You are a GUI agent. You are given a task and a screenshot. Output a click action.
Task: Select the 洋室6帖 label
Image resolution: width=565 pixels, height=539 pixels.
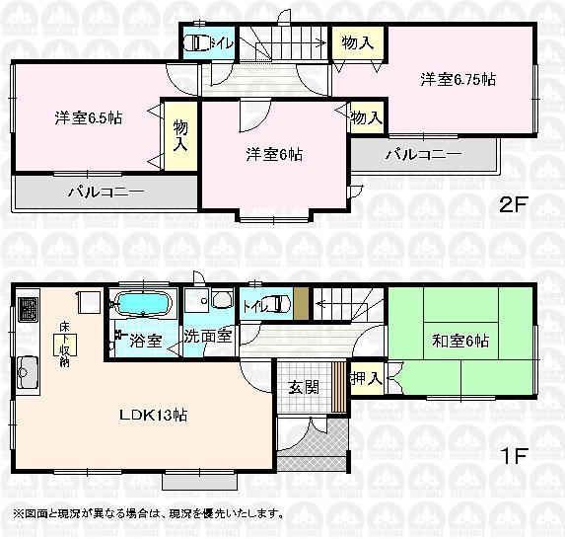click(x=274, y=155)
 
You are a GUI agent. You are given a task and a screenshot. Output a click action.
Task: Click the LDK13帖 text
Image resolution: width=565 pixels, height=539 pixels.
click(x=153, y=415)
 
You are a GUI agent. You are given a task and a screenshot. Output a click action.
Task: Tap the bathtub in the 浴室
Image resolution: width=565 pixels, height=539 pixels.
click(x=144, y=304)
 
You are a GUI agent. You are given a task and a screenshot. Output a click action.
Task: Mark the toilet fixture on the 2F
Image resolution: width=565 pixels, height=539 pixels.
click(x=196, y=43)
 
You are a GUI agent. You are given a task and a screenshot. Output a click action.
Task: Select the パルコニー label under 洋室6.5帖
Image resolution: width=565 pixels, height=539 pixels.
click(x=106, y=192)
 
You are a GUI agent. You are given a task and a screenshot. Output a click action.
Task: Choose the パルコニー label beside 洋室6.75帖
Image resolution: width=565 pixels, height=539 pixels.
click(x=423, y=154)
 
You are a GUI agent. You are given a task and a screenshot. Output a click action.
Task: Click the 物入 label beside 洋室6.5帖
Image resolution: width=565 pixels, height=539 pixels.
click(x=180, y=135)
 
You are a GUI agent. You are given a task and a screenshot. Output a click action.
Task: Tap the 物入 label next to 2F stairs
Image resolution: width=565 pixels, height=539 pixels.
click(x=357, y=42)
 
